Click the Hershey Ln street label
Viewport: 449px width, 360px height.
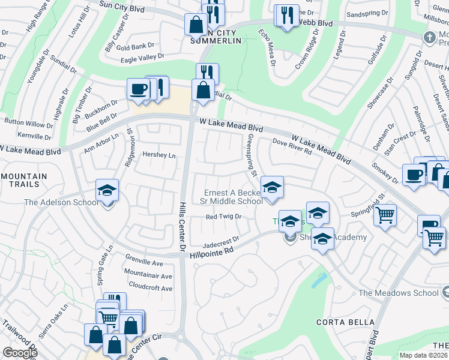pyautogui.click(x=159, y=155)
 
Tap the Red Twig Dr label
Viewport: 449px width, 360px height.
pyautogui.click(x=223, y=217)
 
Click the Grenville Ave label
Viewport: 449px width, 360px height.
pyautogui.click(x=145, y=263)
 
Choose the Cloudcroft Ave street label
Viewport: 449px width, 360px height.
pyautogui.click(x=150, y=288)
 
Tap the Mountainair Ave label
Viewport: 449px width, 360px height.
pyautogui.click(x=148, y=276)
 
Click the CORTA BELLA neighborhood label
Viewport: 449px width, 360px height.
pyautogui.click(x=341, y=322)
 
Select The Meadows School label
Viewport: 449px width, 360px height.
pyautogui.click(x=398, y=293)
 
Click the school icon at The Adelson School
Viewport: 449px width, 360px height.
pyautogui.click(x=107, y=191)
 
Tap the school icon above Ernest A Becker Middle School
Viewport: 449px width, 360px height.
pyautogui.click(x=272, y=188)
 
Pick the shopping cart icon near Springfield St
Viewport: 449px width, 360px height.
pyautogui.click(x=385, y=214)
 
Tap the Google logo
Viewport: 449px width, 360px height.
pyautogui.click(x=20, y=353)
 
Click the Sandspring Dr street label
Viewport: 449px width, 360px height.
pyautogui.click(x=364, y=13)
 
